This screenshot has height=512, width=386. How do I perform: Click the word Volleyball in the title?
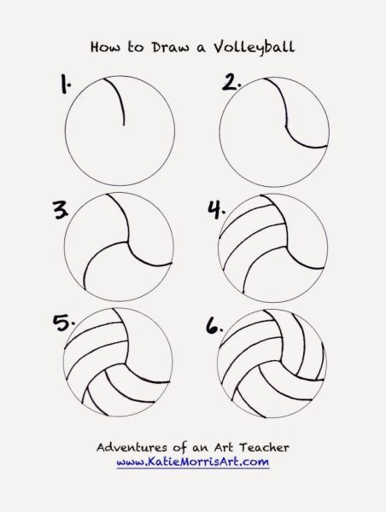click(x=254, y=48)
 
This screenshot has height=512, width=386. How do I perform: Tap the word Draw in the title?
click(x=170, y=47)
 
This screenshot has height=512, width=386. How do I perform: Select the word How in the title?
click(x=105, y=47)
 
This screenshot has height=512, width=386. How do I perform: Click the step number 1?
click(x=66, y=84)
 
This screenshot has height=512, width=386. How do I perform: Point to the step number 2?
click(x=231, y=82)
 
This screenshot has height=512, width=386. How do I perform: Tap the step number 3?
click(x=61, y=210)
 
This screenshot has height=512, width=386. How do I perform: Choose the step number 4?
click(x=216, y=209)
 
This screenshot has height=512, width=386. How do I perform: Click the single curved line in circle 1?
click(x=120, y=98)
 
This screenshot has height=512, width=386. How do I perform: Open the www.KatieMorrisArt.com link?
click(x=193, y=462)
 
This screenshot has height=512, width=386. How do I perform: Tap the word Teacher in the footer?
click(x=264, y=447)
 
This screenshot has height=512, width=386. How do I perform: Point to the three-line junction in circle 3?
click(x=126, y=242)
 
